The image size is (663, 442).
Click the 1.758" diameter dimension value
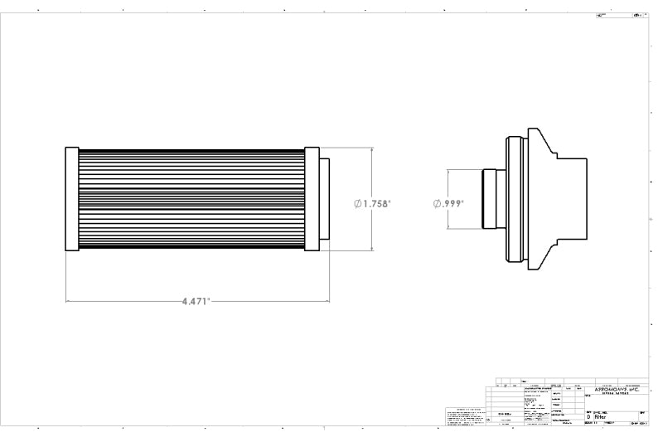coord(375,202)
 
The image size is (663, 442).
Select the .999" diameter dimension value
coord(452,202)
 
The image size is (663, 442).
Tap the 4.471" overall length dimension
coord(196,302)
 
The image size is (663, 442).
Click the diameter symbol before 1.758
coord(357,202)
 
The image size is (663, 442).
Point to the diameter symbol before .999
coord(437,202)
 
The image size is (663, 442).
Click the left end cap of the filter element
coord(71,199)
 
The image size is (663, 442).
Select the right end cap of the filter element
coord(312,199)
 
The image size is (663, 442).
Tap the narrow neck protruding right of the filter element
coord(324,199)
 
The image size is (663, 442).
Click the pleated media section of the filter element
coord(191,199)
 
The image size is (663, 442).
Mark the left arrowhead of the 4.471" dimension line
coord(68,301)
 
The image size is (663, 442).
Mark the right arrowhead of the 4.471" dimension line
coord(327,301)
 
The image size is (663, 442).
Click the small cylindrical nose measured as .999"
coord(489,199)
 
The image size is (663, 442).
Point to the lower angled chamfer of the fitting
coord(547,252)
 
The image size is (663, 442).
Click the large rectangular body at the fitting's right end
coord(572,199)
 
